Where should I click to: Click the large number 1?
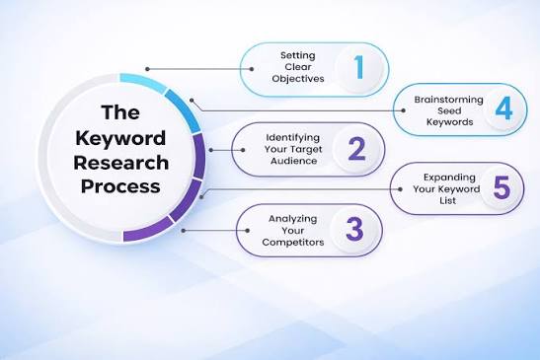click(359, 67)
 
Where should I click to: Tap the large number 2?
click(356, 149)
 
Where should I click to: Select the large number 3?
click(354, 229)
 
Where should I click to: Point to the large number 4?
click(503, 108)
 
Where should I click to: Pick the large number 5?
click(501, 187)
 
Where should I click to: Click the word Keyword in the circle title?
click(120, 138)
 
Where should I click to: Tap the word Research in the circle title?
click(120, 163)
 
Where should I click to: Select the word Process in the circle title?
click(120, 186)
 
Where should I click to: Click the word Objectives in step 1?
click(298, 79)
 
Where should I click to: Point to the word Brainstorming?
click(449, 100)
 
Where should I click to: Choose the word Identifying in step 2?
click(293, 138)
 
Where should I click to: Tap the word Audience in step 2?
click(293, 161)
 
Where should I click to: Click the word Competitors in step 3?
click(293, 243)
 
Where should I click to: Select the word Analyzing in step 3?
click(293, 219)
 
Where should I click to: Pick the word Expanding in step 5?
click(449, 178)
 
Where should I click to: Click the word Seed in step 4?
click(449, 111)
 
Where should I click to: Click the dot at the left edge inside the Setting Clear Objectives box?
click(252, 69)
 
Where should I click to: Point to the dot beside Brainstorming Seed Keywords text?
click(404, 110)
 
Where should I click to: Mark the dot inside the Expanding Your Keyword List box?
click(400, 189)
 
